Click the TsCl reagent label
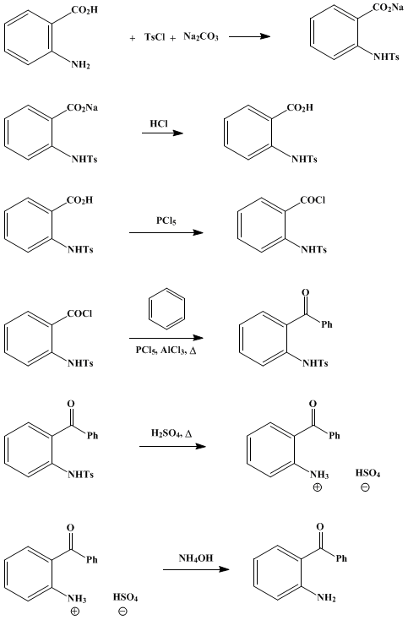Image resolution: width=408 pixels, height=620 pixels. [155, 37]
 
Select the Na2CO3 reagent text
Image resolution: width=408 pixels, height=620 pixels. [201, 37]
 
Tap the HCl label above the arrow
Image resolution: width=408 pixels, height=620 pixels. [159, 124]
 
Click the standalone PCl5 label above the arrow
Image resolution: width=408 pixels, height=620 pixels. [166, 220]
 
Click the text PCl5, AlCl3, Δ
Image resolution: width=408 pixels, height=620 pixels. [166, 351]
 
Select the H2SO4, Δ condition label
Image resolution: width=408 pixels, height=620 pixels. [171, 433]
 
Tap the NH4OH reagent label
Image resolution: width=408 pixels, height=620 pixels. [196, 558]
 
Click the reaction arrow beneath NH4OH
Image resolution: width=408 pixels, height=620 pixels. [196, 569]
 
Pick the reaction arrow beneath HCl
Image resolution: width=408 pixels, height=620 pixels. [162, 133]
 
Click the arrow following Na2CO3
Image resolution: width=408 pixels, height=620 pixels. [249, 36]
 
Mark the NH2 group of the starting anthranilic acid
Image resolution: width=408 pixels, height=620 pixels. [80, 64]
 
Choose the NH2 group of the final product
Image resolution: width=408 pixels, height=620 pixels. [326, 597]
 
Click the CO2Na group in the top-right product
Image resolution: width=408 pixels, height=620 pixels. [388, 8]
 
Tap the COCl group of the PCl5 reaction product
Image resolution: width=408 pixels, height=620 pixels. [313, 200]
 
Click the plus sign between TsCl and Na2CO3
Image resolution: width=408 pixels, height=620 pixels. [173, 38]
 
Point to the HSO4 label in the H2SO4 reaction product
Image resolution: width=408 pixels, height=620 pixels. [367, 473]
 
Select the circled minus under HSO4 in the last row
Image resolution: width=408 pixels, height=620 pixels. [123, 612]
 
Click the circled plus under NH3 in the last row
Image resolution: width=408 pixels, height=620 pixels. [74, 612]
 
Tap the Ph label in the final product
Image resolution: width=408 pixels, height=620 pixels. [341, 558]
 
